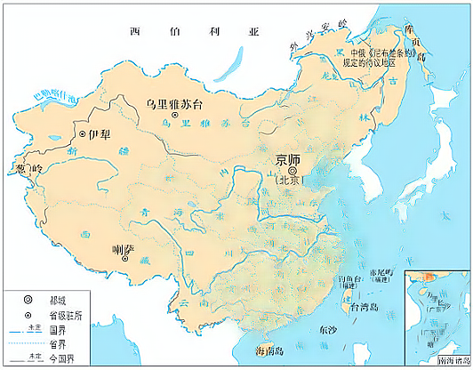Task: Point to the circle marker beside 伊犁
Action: coord(83,133)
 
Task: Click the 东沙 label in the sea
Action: coord(327,329)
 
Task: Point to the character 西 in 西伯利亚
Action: coord(135,31)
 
